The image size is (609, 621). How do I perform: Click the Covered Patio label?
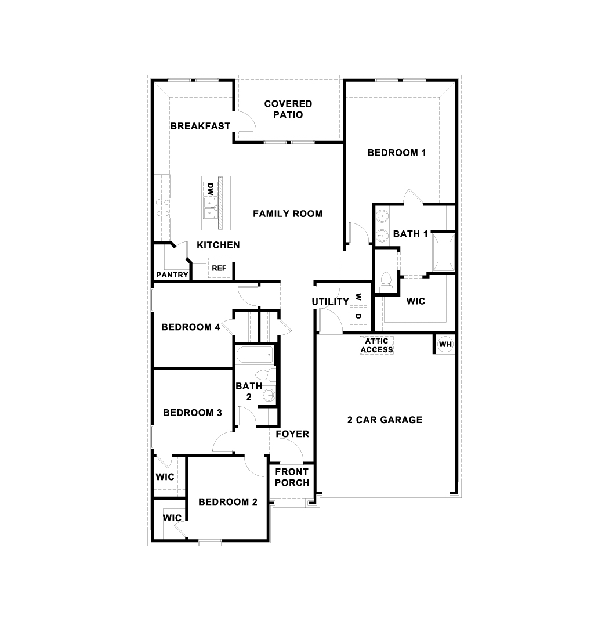(288, 109)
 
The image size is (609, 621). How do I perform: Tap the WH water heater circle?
(445, 344)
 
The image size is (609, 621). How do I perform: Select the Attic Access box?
(377, 345)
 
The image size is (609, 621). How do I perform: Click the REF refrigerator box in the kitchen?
(219, 268)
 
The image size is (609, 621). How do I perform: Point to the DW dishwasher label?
(210, 189)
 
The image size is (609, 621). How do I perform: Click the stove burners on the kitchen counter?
(163, 207)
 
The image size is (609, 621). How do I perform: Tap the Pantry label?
(172, 275)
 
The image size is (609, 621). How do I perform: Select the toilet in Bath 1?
(386, 283)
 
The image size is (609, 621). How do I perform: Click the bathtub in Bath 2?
(253, 353)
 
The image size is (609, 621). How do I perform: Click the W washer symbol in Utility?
(358, 297)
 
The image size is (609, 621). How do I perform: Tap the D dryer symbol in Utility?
(358, 316)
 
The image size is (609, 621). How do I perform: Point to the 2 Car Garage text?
(385, 420)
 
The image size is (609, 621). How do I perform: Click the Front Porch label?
(292, 477)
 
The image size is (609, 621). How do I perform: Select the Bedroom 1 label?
(397, 153)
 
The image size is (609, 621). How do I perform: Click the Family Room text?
(287, 214)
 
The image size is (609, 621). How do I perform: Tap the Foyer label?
(292, 434)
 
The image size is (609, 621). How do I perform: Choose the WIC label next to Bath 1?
(416, 301)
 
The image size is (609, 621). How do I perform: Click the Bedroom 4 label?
(190, 327)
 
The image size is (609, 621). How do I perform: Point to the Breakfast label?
(200, 126)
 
